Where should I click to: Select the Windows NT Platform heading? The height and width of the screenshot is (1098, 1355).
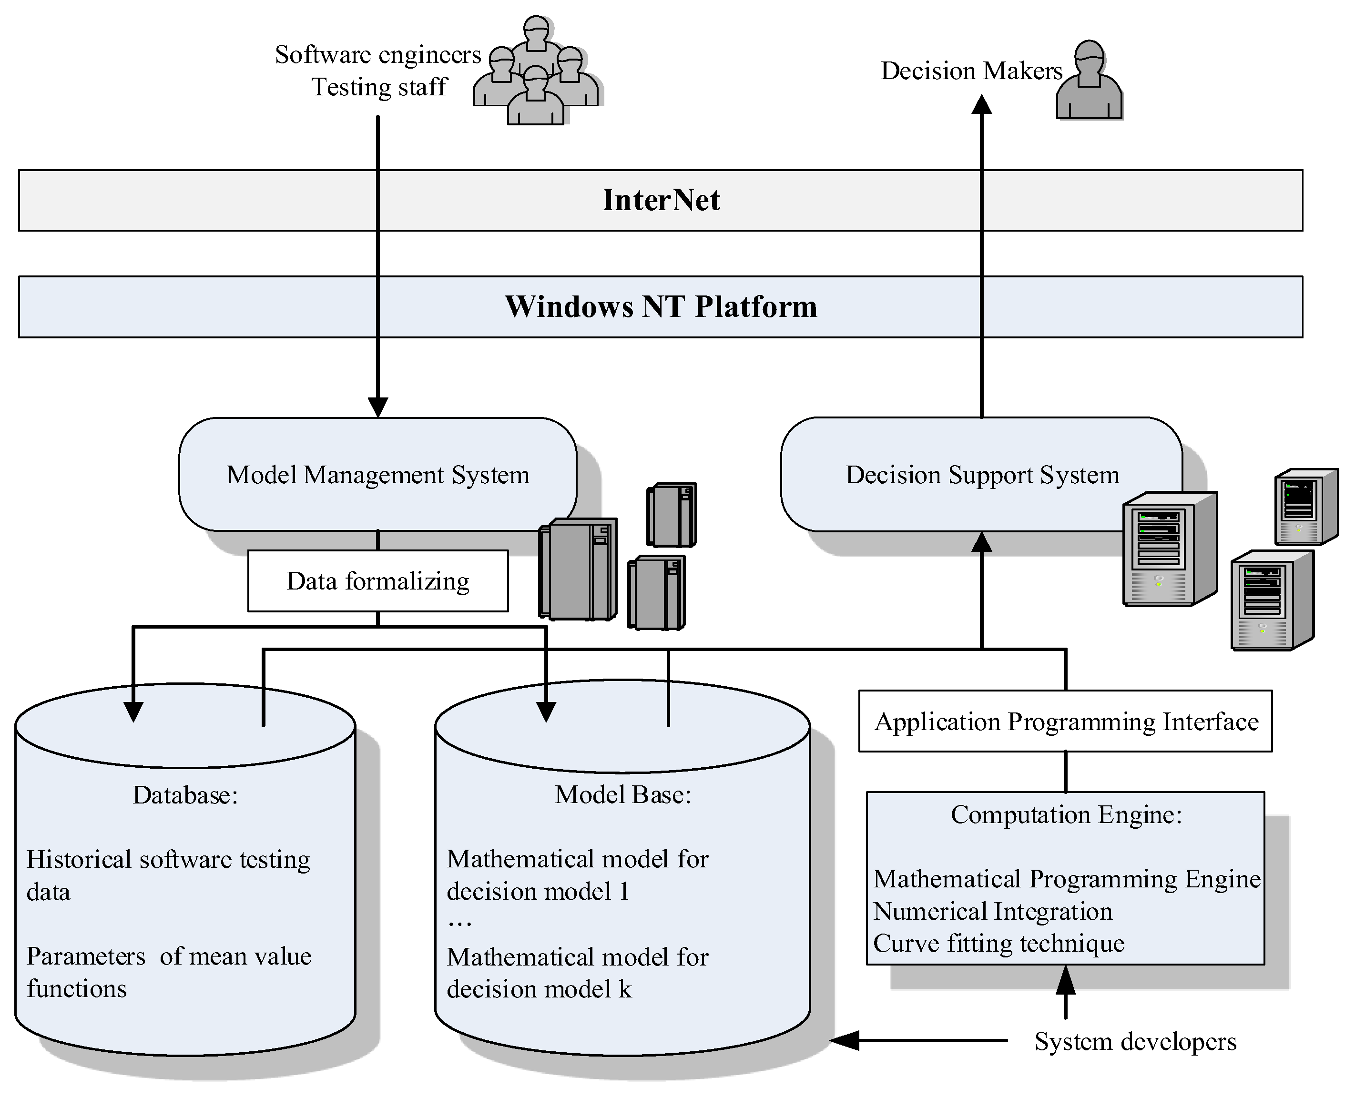tap(661, 307)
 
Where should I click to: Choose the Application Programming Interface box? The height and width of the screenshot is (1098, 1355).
tap(1066, 722)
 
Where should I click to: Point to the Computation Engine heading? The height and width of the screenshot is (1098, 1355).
tap(1066, 814)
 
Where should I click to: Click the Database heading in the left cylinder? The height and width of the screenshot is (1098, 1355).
tap(185, 795)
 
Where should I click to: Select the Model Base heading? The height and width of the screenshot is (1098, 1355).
tap(623, 795)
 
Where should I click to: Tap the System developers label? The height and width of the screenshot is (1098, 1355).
tap(1135, 1042)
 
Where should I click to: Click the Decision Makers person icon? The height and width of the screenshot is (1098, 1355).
tap(1089, 81)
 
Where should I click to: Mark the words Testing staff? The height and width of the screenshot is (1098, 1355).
tap(379, 87)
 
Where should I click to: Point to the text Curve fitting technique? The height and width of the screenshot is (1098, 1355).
tap(999, 944)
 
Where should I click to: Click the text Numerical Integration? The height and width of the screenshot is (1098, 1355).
tap(992, 911)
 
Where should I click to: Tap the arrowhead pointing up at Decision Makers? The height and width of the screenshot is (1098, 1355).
tap(982, 104)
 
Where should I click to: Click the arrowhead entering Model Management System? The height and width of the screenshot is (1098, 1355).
tap(377, 407)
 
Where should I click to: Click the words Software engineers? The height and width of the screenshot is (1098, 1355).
tap(377, 55)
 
